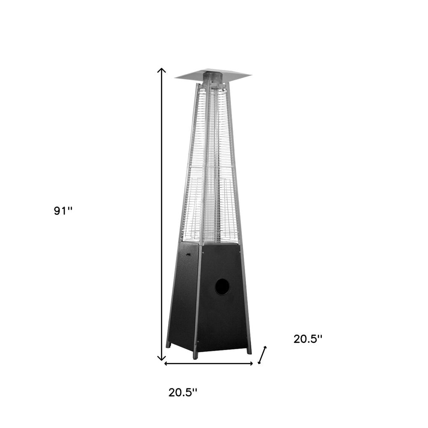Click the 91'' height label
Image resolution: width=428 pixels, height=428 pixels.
click(x=63, y=211)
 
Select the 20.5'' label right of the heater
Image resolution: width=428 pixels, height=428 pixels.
click(x=308, y=339)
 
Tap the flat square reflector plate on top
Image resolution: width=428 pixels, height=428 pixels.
click(x=213, y=75)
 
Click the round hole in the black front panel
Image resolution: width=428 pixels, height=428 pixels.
click(x=222, y=287)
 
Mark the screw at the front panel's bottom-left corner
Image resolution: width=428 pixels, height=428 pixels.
click(x=199, y=341)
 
